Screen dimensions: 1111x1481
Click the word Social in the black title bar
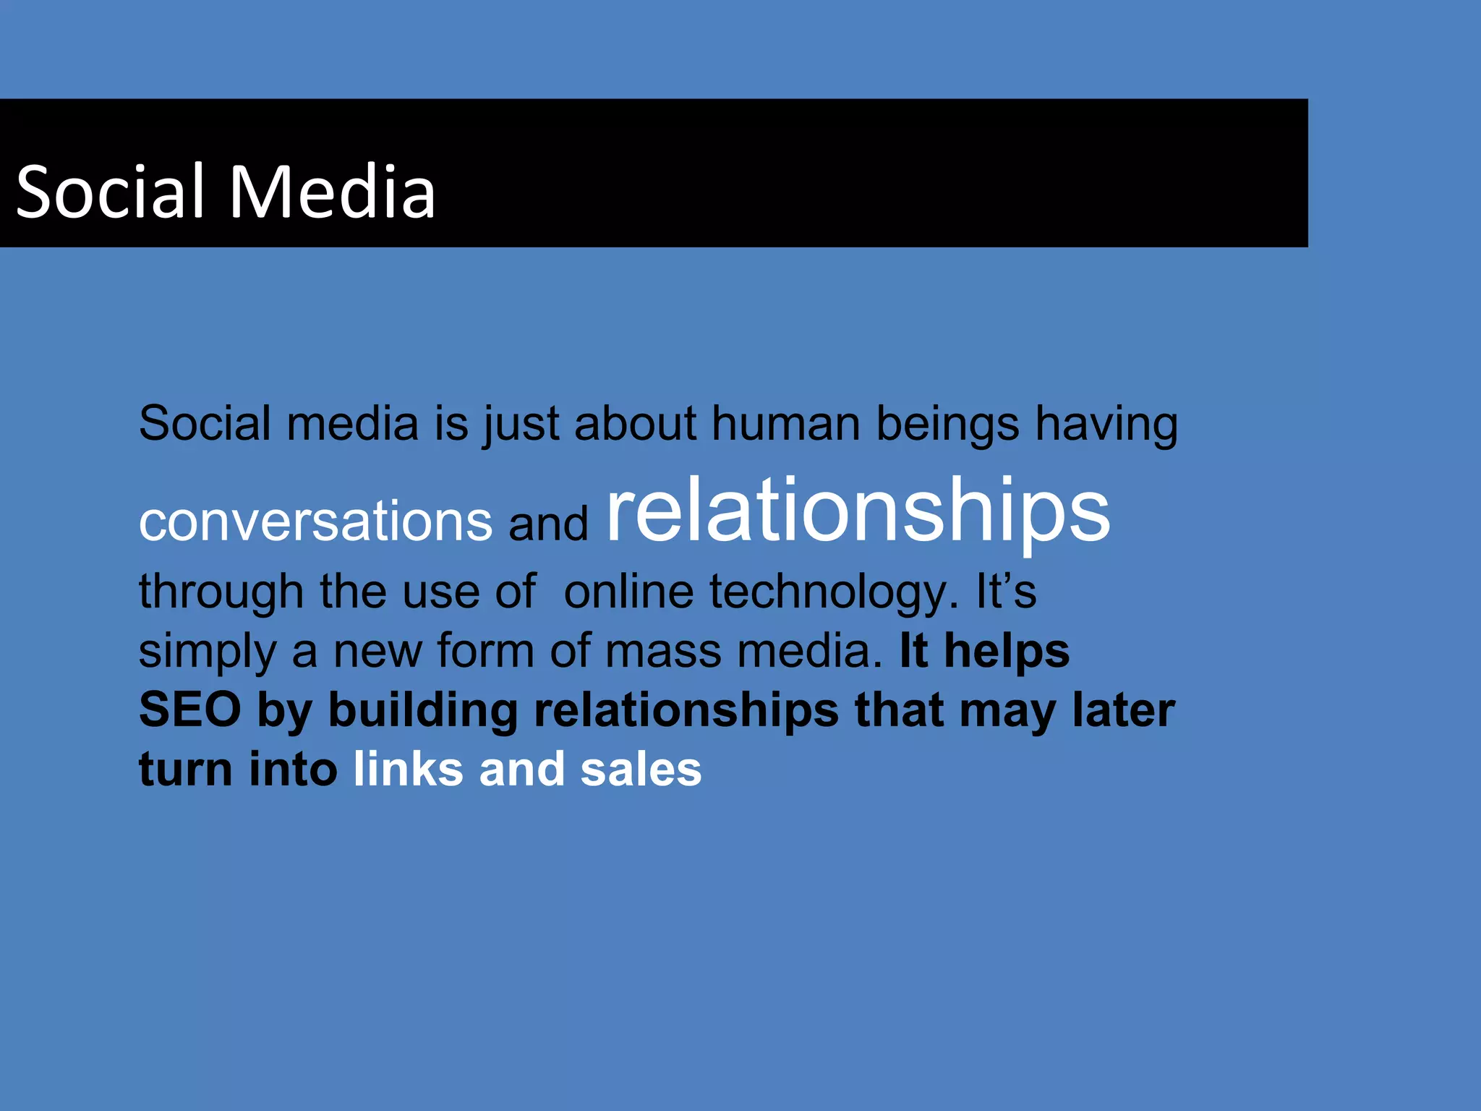pos(110,192)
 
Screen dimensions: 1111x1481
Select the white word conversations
pos(315,522)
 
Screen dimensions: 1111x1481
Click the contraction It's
pos(1006,591)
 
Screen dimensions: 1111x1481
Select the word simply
pos(208,652)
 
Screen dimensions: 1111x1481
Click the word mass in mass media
pos(663,650)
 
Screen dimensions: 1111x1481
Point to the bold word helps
pos(1007,650)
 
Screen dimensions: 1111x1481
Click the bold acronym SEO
pos(189,710)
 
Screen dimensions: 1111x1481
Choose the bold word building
pos(423,710)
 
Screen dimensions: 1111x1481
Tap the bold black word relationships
pos(686,710)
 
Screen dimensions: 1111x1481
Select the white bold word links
pos(408,769)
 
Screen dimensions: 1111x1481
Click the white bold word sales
pos(641,769)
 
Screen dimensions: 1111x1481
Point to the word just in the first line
pos(521,425)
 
